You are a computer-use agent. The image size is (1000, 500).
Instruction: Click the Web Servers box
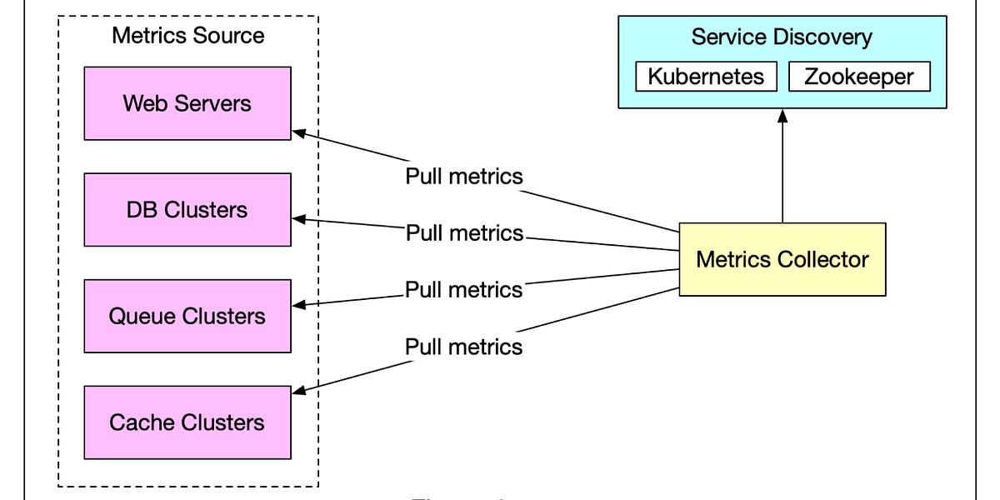point(187,103)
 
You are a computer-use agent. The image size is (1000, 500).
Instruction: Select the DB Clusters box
point(187,209)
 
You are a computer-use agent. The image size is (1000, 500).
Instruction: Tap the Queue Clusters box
point(187,316)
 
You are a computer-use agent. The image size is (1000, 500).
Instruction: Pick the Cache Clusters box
point(187,422)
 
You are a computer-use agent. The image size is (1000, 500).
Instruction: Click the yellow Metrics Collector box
point(782,259)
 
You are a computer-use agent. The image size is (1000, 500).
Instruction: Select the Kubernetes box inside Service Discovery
point(706,77)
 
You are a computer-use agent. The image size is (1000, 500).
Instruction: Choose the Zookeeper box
point(858,77)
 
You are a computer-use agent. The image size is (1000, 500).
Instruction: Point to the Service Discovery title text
point(782,37)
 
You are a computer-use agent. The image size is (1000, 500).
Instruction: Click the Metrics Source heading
point(187,35)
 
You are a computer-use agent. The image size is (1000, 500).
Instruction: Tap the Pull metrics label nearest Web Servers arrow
point(464,177)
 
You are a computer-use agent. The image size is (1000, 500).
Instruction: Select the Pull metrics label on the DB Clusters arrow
point(464,232)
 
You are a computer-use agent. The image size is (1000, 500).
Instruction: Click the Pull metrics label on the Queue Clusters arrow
point(464,289)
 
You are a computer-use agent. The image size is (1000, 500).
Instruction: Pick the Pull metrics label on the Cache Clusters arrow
point(464,346)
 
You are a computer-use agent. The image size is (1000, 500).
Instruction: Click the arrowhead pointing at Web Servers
point(297,132)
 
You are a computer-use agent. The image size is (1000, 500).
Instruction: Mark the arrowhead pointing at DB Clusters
point(298,219)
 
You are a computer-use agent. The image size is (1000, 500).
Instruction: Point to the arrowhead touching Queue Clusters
point(298,305)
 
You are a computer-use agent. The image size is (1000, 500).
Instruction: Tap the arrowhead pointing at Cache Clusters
point(297,391)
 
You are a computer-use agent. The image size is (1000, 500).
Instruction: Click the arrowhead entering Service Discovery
point(782,115)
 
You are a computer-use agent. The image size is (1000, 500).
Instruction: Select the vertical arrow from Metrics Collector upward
point(782,171)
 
